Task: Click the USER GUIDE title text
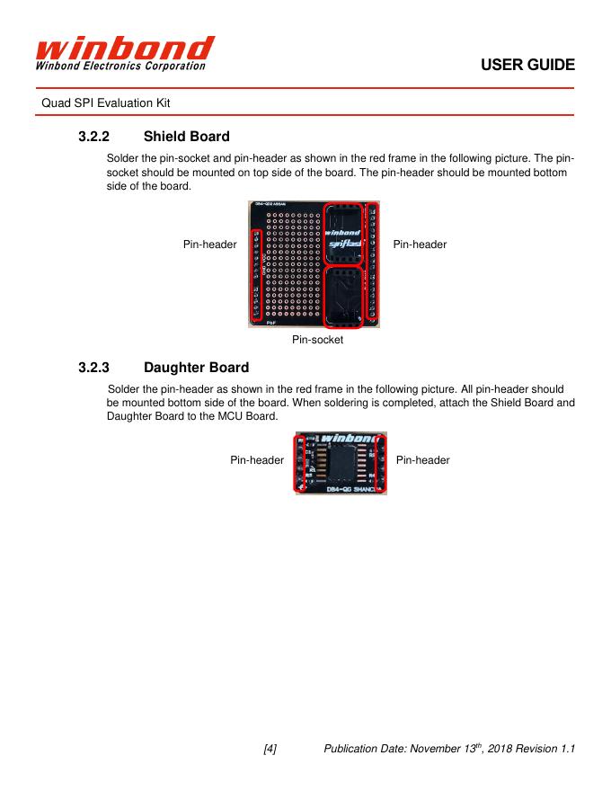tap(527, 66)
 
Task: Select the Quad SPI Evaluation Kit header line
tap(106, 103)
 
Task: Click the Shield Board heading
tap(186, 137)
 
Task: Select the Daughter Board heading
tap(196, 368)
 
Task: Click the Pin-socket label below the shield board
tap(317, 341)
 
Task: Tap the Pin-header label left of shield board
tap(209, 244)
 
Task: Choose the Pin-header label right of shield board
tap(420, 244)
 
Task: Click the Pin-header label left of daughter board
tap(257, 460)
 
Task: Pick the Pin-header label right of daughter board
tap(422, 460)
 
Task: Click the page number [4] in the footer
tap(270, 749)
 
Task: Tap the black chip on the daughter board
tap(339, 467)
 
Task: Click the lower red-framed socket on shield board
tap(343, 297)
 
